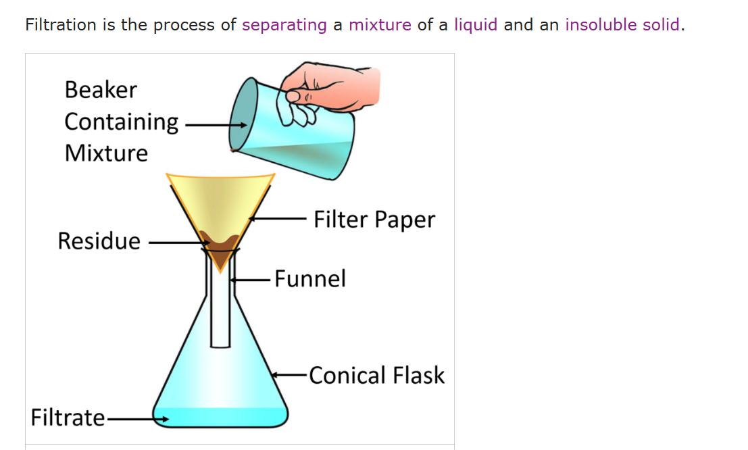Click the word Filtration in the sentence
tap(61, 24)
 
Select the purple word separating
tap(284, 25)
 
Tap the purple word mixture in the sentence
tap(380, 24)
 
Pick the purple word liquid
tap(476, 25)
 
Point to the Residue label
tap(99, 241)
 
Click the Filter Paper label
tap(374, 220)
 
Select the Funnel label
tap(310, 278)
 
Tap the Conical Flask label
tap(377, 375)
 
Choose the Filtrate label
tap(68, 418)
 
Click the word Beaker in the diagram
tap(101, 90)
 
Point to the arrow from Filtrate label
tap(137, 420)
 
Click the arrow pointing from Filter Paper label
tap(278, 218)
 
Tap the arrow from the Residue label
tap(179, 243)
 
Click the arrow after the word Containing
tap(216, 125)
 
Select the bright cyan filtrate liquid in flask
tap(220, 417)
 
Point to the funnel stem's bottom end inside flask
tap(220, 347)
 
